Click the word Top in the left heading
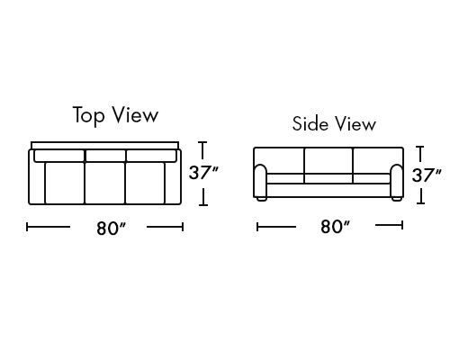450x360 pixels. pos(89,115)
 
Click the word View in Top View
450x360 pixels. pos(135,114)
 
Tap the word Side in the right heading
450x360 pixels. pos(310,123)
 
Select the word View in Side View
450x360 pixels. pos(355,123)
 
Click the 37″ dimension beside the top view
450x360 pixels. pos(203,173)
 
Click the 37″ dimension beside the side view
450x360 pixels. pos(427,175)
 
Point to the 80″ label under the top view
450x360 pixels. pos(111,229)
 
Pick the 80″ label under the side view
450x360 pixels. pos(335,227)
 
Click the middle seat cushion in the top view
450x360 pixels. pos(104,183)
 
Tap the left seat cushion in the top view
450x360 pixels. pos(65,183)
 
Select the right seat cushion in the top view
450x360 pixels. pos(145,183)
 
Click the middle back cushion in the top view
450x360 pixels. pos(105,156)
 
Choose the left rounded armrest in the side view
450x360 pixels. pos(260,181)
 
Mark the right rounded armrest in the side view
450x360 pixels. pos(397,181)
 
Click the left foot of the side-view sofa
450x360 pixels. pos(261,199)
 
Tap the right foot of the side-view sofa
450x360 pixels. pos(397,199)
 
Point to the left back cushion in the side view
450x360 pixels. pos(279,160)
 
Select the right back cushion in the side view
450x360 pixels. pos(378,160)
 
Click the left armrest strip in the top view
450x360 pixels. pos(37,183)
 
